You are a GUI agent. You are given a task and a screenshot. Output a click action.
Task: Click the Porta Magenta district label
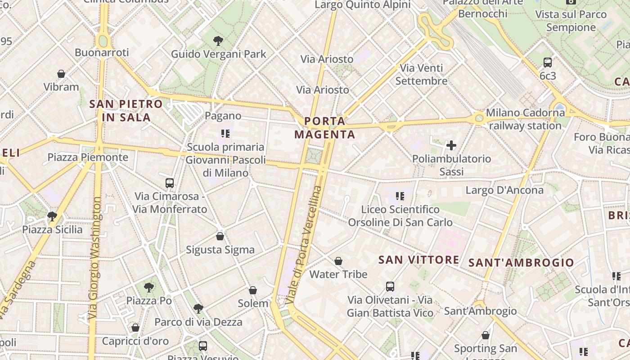324,128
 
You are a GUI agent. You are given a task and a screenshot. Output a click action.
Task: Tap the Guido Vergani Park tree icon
218,41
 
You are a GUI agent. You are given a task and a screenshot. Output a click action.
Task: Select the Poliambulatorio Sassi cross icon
451,145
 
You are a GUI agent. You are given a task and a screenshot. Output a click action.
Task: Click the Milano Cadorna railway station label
525,119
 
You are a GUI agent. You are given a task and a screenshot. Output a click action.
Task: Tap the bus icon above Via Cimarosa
170,183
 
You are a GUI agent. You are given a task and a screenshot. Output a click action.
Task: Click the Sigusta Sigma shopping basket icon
220,236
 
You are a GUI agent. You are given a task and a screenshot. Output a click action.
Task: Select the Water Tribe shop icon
338,261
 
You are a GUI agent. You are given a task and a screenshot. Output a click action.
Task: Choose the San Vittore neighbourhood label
418,260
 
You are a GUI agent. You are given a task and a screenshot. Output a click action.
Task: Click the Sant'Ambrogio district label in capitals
522,263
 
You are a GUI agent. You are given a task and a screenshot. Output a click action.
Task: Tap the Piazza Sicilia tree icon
52,216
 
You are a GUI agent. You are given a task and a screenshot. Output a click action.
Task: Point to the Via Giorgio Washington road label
94,258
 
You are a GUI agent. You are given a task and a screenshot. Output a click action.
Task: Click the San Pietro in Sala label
126,111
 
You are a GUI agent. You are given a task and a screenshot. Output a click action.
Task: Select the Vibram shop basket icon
61,74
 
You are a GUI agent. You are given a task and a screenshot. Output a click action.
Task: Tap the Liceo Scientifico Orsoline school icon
400,196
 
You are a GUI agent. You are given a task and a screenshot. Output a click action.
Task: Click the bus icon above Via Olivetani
390,287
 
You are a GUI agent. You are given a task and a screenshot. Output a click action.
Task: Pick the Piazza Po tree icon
149,287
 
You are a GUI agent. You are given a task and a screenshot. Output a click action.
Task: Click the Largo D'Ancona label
504,190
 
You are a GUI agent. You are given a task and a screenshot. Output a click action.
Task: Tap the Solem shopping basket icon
253,290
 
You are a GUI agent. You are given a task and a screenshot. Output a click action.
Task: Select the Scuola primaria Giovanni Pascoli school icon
225,134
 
